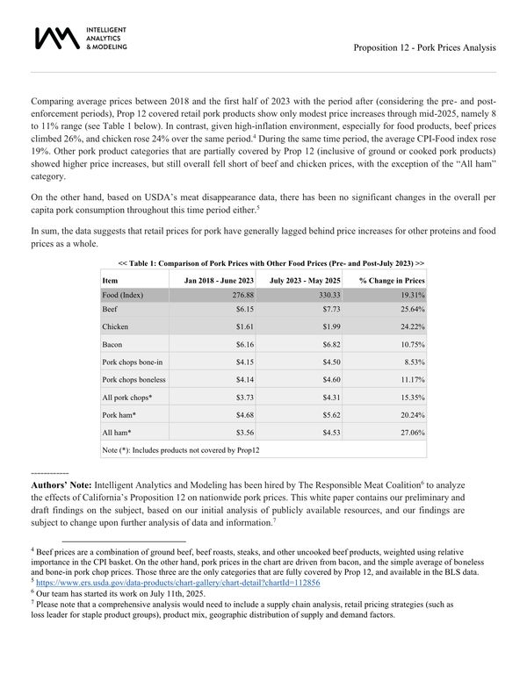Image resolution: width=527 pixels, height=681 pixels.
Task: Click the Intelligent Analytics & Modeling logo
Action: [x=79, y=38]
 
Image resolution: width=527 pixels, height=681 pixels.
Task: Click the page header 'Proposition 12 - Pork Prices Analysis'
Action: [x=424, y=47]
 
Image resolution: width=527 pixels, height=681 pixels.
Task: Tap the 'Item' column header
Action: [x=110, y=280]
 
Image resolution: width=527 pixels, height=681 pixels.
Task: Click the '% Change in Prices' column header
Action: [x=392, y=280]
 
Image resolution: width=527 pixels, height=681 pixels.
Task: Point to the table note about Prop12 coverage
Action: [x=181, y=450]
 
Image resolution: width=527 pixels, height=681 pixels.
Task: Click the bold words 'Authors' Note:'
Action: [x=61, y=485]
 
